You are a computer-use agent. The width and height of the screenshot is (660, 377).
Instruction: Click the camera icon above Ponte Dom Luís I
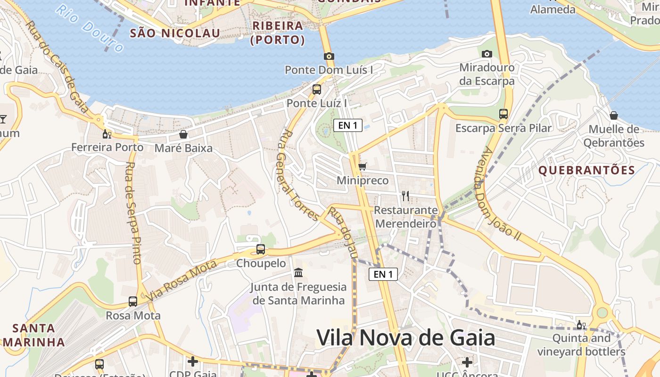point(329,56)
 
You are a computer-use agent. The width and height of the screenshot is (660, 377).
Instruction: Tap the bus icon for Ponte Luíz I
point(317,89)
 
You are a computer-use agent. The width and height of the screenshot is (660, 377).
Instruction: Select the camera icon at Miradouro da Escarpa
point(487,54)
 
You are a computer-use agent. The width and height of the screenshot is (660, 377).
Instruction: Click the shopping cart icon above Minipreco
point(362,166)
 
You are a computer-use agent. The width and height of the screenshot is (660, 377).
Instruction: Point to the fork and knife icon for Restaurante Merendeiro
point(405,196)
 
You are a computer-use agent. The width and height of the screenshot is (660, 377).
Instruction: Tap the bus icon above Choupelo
point(261,249)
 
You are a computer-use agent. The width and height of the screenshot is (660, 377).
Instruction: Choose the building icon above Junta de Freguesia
point(298,272)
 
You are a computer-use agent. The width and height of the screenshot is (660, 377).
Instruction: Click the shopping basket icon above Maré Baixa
point(183,134)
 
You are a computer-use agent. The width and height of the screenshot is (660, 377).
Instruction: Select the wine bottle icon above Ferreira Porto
point(107,134)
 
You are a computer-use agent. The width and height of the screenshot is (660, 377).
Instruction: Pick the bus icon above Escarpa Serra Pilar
point(503,114)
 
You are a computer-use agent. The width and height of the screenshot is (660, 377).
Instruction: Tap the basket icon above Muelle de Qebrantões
point(614,115)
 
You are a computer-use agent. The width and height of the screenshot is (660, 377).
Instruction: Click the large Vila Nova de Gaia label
point(405,338)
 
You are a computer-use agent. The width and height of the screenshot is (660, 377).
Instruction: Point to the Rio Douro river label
point(89,28)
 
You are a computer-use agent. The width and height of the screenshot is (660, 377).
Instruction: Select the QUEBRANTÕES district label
point(587,170)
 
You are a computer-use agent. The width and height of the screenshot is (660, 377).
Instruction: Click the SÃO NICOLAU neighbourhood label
point(175,33)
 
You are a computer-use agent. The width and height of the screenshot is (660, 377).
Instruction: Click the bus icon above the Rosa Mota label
point(133,301)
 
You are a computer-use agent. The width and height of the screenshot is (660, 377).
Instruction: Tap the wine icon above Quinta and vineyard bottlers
point(581,325)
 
